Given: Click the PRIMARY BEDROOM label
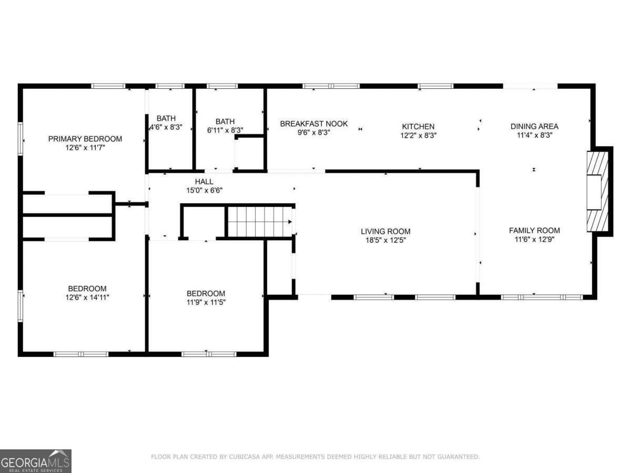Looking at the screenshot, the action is (x=85, y=139).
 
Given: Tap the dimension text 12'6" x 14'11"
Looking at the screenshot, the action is (x=87, y=297).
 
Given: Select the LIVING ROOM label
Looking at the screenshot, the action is (x=385, y=231).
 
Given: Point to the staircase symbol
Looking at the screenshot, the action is (x=260, y=222).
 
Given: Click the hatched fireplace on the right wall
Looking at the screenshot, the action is (x=598, y=191).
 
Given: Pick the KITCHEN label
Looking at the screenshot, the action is (x=418, y=126).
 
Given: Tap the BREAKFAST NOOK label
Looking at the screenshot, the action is (x=314, y=124).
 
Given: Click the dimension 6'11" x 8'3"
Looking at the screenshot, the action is (x=225, y=130).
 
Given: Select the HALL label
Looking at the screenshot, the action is (x=204, y=181).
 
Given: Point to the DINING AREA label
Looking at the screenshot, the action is (x=534, y=126).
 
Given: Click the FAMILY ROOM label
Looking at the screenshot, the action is (x=534, y=230).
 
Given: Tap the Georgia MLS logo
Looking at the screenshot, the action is (x=36, y=461).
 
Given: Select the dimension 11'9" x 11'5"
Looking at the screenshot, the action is (x=206, y=302).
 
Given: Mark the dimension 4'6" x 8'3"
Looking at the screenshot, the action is (x=166, y=127).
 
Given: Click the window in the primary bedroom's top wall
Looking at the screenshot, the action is (x=108, y=86).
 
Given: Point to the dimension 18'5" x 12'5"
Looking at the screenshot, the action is (x=385, y=240).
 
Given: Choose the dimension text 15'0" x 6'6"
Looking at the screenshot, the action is (x=205, y=190).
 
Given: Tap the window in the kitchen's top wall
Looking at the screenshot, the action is (x=435, y=86).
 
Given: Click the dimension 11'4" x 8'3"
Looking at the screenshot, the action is (x=535, y=135).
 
